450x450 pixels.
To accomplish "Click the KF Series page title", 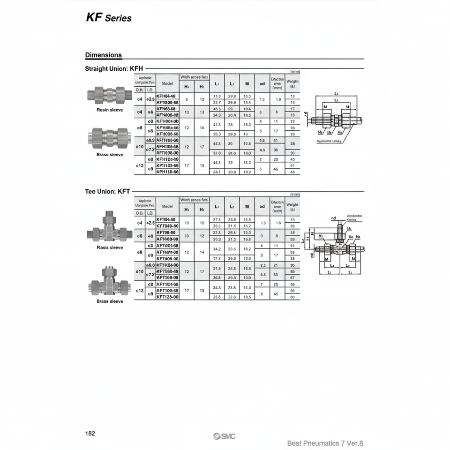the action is click(108, 18).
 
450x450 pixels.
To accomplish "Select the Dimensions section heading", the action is click(103, 55).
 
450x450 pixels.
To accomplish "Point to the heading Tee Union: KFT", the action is click(107, 191).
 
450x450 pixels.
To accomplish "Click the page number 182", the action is click(90, 433).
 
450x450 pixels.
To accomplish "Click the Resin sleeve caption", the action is click(110, 110).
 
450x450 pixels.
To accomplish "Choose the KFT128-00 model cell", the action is click(167, 297).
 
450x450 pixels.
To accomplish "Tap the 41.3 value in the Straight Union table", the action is click(217, 125).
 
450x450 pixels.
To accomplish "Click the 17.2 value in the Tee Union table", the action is click(217, 258).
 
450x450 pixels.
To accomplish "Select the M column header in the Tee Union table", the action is click(247, 206).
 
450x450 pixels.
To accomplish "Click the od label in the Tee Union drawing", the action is click(334, 218).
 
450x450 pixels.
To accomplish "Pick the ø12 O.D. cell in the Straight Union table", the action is click(139, 165).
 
